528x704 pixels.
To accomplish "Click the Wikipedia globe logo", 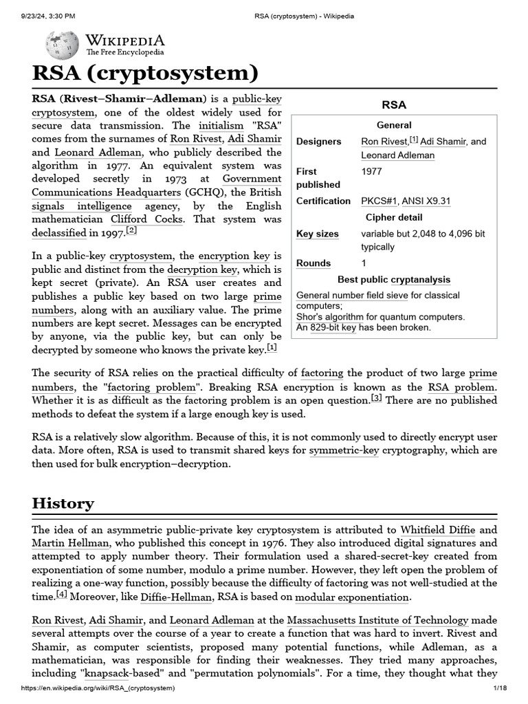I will pyautogui.click(x=62, y=45).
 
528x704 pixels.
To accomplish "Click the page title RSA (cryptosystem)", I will pyautogui.click(x=145, y=74).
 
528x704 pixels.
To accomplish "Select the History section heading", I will pyautogui.click(x=63, y=503).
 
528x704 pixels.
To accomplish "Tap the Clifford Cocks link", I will pyautogui.click(x=147, y=219).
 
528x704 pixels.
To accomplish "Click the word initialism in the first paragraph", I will pyautogui.click(x=221, y=126).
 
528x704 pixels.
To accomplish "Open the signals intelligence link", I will pyautogui.click(x=82, y=206).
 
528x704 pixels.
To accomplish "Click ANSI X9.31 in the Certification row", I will pyautogui.click(x=426, y=201).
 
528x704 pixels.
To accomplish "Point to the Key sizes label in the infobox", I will pyautogui.click(x=317, y=234).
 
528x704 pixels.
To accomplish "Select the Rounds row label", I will pyautogui.click(x=313, y=263).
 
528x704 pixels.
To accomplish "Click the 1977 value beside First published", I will pyautogui.click(x=371, y=171).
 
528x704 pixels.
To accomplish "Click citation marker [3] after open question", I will pyautogui.click(x=376, y=398).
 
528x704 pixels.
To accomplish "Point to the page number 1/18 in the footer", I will pyautogui.click(x=499, y=688).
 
